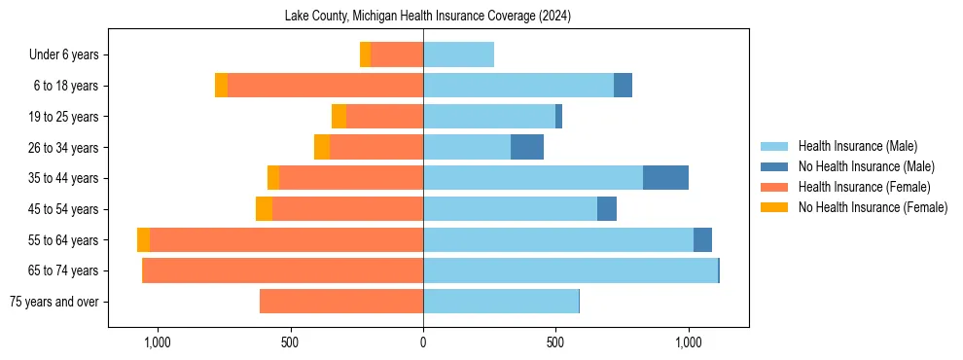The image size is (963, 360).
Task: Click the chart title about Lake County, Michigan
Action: coord(427,17)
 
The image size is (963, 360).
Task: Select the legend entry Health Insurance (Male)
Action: coord(857,146)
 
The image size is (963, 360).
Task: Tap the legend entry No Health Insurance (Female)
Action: coord(873,207)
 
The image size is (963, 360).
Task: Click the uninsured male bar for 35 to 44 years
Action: coord(665,178)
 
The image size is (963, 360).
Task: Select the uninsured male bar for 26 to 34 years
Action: coord(527,147)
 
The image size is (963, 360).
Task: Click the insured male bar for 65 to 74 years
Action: coord(570,270)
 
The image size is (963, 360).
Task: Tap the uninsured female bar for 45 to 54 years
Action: coord(264,209)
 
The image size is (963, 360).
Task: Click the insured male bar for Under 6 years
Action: coord(458,54)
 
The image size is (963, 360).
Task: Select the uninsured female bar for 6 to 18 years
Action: coord(221,86)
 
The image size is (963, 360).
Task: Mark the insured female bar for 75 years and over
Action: coord(341,302)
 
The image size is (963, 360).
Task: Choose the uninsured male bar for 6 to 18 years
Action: coord(623,86)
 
